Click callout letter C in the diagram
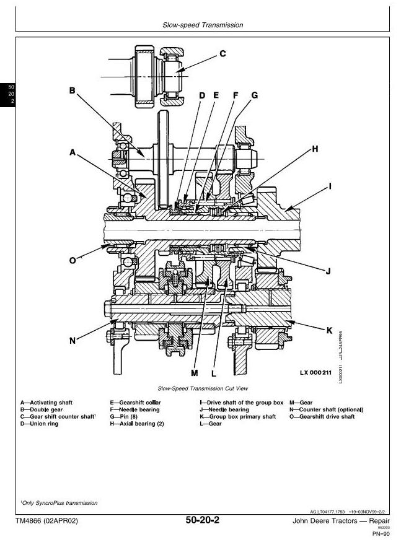(x=223, y=54)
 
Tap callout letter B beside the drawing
(x=73, y=91)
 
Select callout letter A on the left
(x=73, y=152)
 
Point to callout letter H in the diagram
(x=315, y=149)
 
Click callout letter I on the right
(x=330, y=185)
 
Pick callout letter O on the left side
(x=73, y=260)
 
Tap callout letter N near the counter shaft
(x=73, y=340)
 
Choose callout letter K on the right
(x=330, y=330)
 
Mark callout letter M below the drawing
(x=194, y=373)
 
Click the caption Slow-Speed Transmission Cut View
(x=203, y=388)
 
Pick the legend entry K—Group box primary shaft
(x=234, y=417)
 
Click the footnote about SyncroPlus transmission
(x=55, y=502)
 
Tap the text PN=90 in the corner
(x=379, y=533)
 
